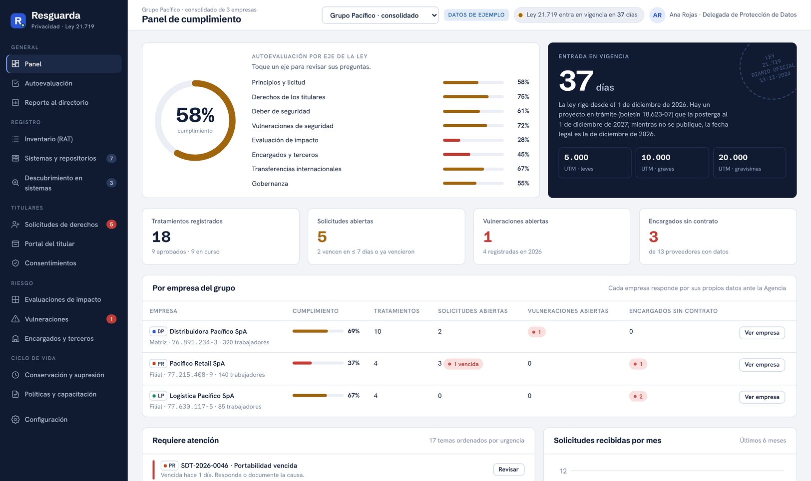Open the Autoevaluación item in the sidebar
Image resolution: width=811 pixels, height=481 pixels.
click(x=48, y=83)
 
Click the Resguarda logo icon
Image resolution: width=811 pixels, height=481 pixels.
click(x=18, y=20)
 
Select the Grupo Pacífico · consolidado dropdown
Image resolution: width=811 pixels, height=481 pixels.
click(x=380, y=15)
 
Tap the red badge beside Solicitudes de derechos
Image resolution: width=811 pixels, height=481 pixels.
click(x=111, y=224)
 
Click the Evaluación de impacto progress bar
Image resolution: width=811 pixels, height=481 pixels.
click(x=473, y=140)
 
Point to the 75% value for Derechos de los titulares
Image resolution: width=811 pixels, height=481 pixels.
click(x=523, y=97)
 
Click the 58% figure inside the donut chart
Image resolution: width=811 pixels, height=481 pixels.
click(x=195, y=115)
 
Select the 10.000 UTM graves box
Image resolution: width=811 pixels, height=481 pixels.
click(x=672, y=162)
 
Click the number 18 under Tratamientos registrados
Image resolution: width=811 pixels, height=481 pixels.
click(x=161, y=237)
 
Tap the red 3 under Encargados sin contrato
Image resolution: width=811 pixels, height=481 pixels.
click(x=653, y=237)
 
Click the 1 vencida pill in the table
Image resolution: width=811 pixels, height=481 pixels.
click(x=463, y=364)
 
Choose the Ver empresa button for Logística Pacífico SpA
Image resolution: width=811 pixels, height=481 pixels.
click(x=762, y=397)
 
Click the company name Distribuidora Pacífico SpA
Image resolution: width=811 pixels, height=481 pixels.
click(x=208, y=331)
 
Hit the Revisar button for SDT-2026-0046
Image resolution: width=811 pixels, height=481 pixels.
click(x=508, y=469)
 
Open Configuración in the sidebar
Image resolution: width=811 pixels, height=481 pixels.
click(x=46, y=419)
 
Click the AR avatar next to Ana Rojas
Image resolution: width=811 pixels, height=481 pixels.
click(x=657, y=15)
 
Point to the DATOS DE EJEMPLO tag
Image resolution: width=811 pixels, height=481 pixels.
click(x=476, y=15)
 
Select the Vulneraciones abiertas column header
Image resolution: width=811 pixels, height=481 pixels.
click(x=568, y=311)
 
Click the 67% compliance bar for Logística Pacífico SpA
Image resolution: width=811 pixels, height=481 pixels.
click(x=318, y=395)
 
